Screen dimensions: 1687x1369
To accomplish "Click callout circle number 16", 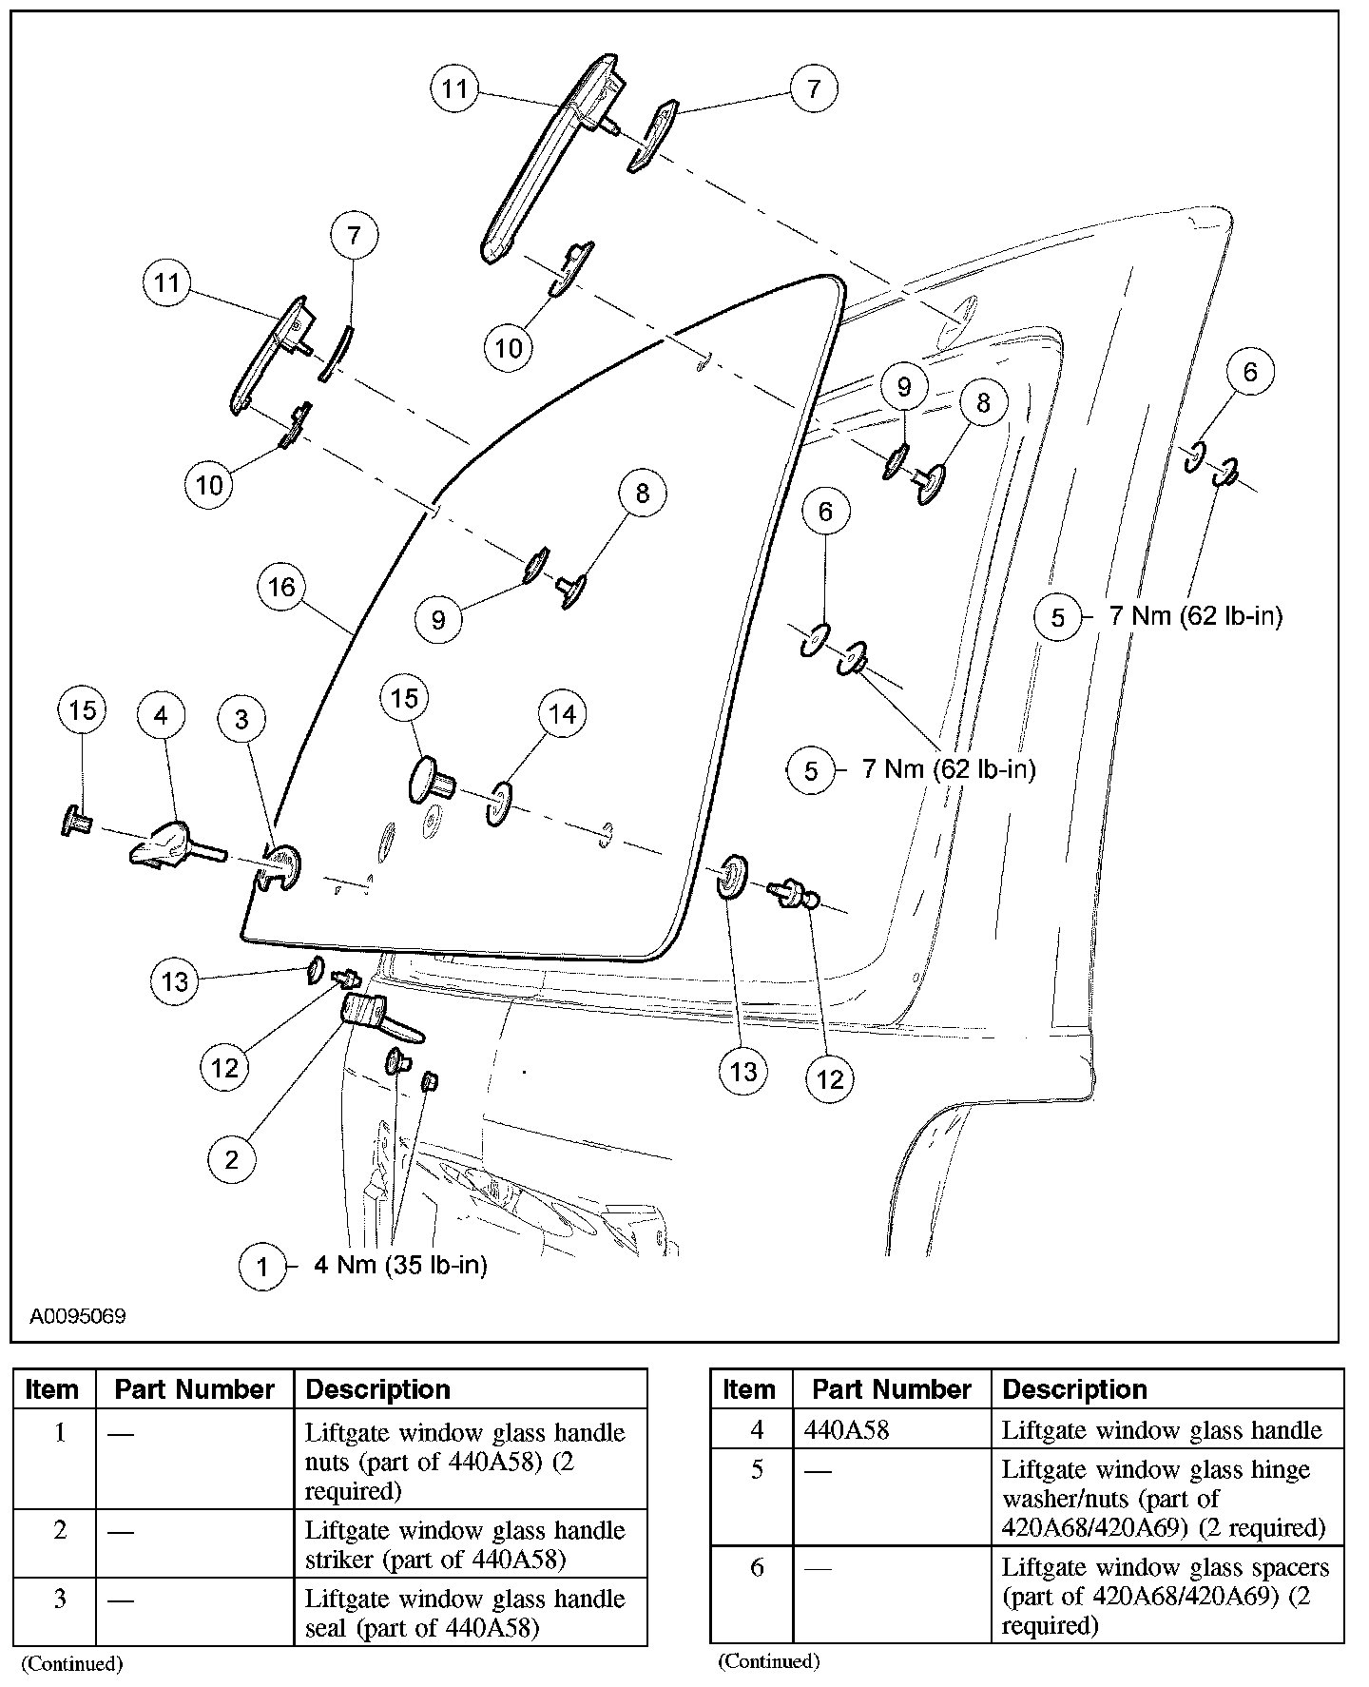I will point(282,587).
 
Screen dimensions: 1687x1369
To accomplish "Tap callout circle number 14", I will point(563,713).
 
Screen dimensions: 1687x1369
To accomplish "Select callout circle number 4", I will point(161,713).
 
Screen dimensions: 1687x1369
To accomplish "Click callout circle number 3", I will point(241,719).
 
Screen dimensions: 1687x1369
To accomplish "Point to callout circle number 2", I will point(232,1158).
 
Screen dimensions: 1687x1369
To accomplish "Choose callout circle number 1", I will point(263,1266).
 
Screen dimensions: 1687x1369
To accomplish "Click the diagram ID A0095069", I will point(78,1317).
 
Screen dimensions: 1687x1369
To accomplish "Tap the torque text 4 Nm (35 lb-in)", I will point(400,1266).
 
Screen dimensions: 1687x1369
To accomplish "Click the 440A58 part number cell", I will point(846,1429).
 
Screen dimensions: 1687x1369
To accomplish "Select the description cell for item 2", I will point(465,1544).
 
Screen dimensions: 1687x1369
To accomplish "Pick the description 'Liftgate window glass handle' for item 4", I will point(1162,1429).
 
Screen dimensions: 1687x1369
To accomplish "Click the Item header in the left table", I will point(52,1389).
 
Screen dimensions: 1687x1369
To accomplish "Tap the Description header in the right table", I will point(1074,1389).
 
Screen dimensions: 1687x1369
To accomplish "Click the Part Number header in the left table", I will point(194,1389).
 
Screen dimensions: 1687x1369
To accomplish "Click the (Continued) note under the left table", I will point(72,1663).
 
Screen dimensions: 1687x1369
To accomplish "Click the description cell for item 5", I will point(1163,1499).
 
